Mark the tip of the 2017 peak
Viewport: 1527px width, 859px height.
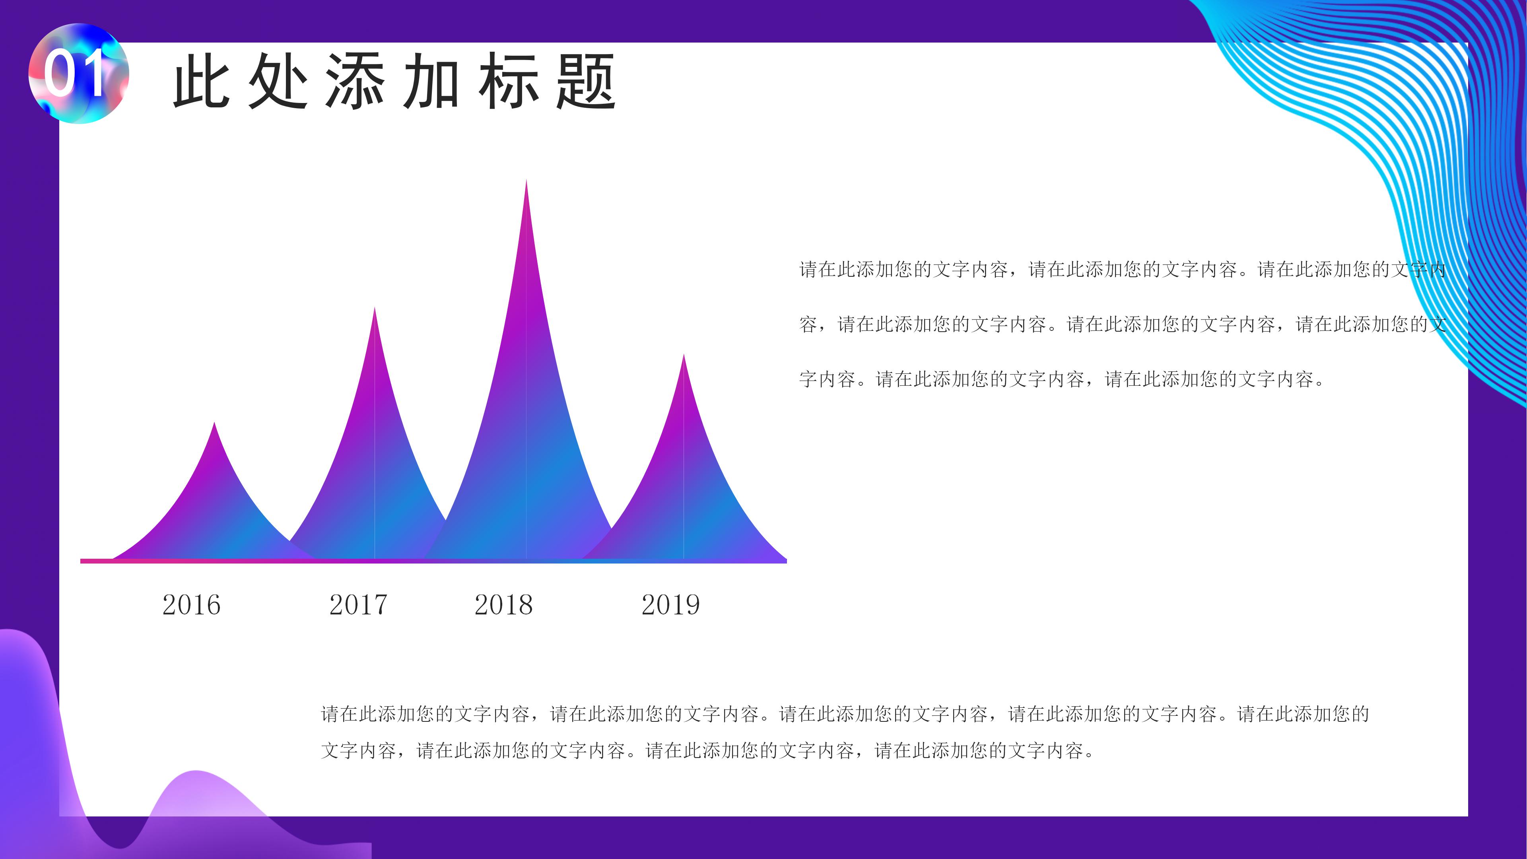pyautogui.click(x=375, y=308)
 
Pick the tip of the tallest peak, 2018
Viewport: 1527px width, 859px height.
pyautogui.click(x=526, y=181)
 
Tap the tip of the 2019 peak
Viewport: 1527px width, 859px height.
pyautogui.click(x=684, y=356)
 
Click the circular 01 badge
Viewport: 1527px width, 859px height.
pyautogui.click(x=78, y=74)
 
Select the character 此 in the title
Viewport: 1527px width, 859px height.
pyautogui.click(x=202, y=81)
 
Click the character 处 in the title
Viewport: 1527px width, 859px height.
pyautogui.click(x=278, y=81)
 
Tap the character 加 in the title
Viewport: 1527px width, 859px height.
pyautogui.click(x=431, y=81)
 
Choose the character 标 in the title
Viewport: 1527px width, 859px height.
pyautogui.click(x=509, y=81)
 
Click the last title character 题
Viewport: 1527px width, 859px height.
pyautogui.click(x=586, y=81)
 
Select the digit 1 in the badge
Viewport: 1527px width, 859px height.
pyautogui.click(x=93, y=74)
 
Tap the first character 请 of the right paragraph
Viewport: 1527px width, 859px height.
pyautogui.click(x=808, y=270)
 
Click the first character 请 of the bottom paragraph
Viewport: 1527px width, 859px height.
pyautogui.click(x=330, y=714)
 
